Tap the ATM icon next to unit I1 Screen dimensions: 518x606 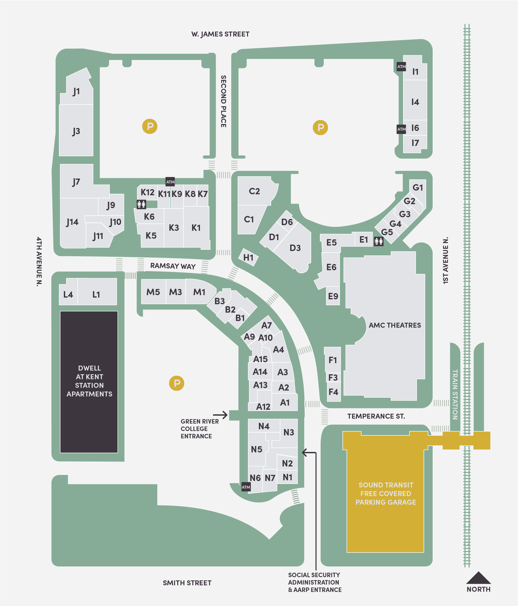click(401, 66)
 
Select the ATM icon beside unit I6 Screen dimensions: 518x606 click(401, 129)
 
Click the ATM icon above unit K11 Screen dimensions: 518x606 click(170, 182)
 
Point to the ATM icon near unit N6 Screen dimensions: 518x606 click(246, 487)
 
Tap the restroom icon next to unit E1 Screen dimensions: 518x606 click(379, 241)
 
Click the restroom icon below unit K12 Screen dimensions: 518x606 click(141, 204)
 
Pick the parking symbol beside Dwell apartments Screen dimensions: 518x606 click(177, 383)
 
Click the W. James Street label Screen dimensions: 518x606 click(220, 34)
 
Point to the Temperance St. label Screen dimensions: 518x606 click(376, 416)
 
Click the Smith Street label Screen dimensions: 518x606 click(187, 583)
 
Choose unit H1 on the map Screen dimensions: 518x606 click(248, 257)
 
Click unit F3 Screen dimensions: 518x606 click(333, 377)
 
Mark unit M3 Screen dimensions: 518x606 click(176, 292)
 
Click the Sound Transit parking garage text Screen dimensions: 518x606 click(386, 493)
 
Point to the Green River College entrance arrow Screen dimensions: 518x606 click(220, 415)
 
